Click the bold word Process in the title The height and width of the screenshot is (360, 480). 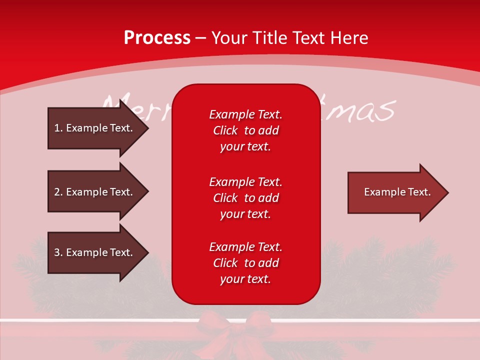(x=157, y=38)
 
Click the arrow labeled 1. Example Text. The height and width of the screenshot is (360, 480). (x=98, y=128)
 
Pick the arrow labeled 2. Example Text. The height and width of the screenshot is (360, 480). (x=98, y=191)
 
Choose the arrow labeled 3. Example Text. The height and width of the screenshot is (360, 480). (x=98, y=252)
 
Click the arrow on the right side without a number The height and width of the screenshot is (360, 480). (x=398, y=192)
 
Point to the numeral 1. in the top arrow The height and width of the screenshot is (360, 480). (x=58, y=128)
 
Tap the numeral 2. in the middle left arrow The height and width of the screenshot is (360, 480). (x=58, y=192)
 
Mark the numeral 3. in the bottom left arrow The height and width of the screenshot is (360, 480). (x=58, y=252)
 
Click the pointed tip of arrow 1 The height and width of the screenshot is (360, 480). (x=148, y=128)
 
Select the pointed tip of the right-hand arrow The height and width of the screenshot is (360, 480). (x=448, y=193)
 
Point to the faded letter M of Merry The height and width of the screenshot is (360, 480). (x=115, y=105)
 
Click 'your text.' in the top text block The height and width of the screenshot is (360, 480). (x=245, y=147)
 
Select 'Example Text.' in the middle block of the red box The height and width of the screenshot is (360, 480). (x=246, y=182)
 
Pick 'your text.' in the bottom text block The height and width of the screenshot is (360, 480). (x=245, y=279)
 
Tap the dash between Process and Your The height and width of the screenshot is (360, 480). (x=200, y=39)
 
